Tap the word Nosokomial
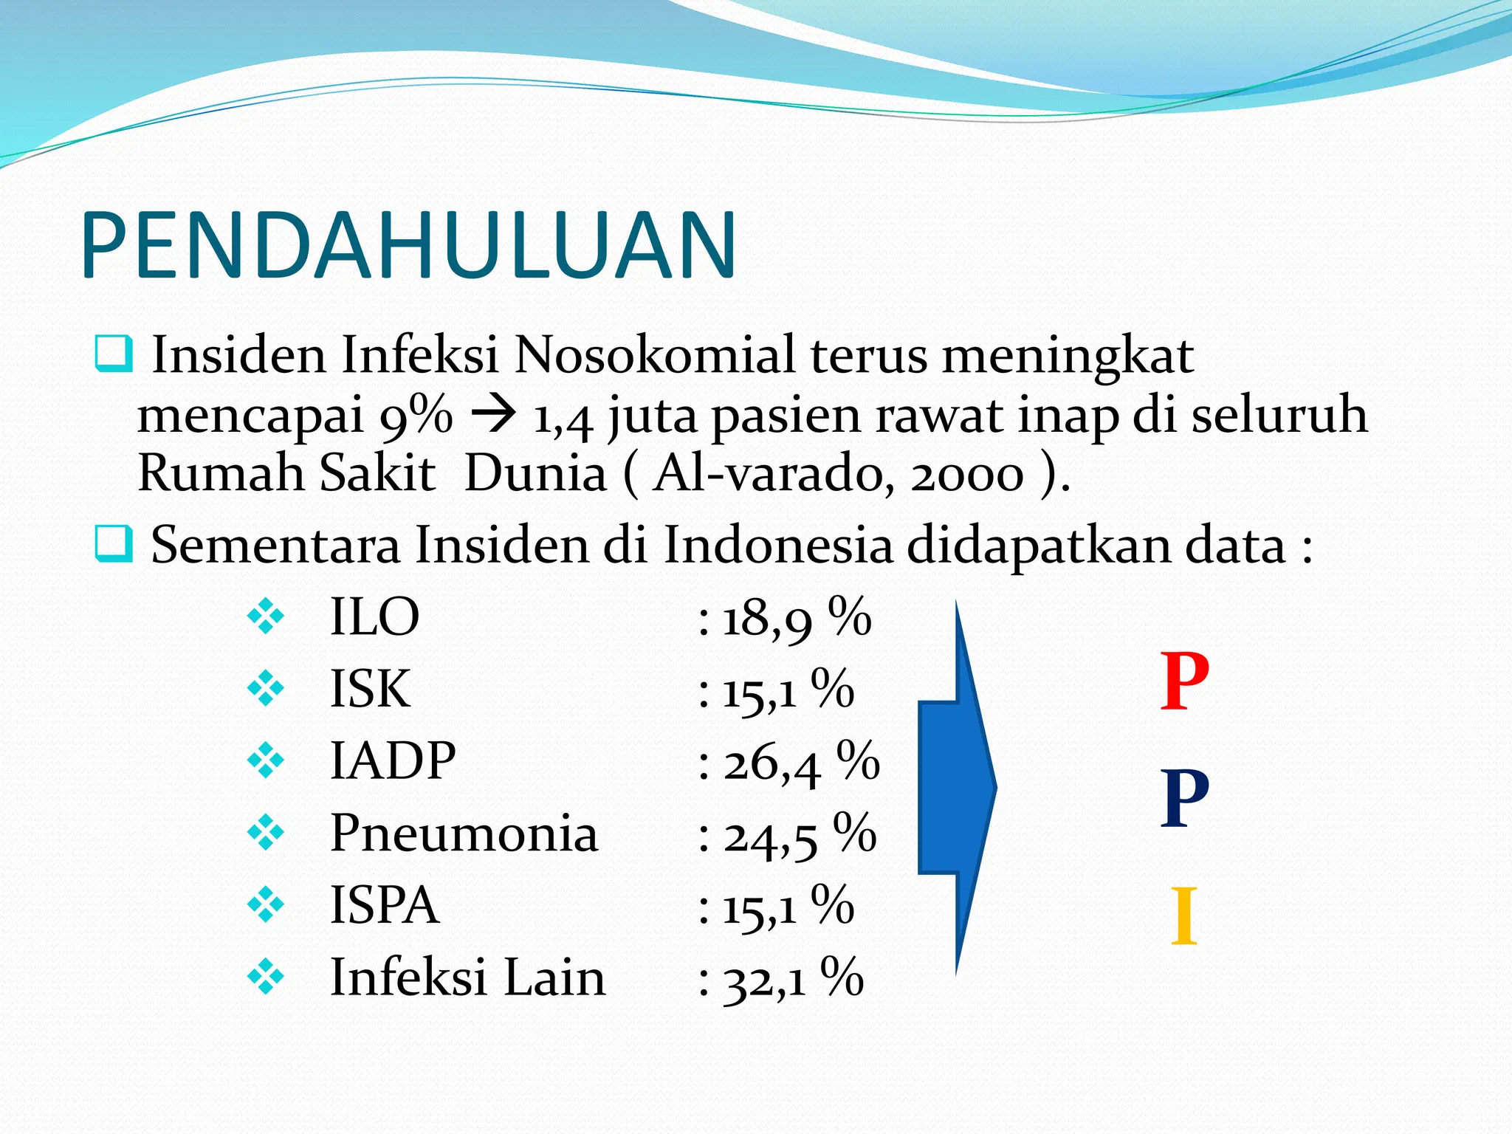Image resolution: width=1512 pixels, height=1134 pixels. tap(654, 355)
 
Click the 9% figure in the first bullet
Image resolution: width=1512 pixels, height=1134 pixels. tap(416, 416)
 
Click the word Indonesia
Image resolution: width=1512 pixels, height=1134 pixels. tap(777, 545)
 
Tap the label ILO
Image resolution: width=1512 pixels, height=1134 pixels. tap(374, 616)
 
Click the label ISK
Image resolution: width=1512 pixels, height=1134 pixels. tap(370, 689)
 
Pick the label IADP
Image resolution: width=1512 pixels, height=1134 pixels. tap(393, 760)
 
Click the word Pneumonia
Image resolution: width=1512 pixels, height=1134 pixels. tap(464, 833)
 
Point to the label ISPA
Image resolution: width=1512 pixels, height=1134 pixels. tap(384, 905)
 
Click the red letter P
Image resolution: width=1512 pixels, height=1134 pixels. tap(1184, 681)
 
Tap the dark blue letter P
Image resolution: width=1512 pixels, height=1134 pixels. tap(1184, 798)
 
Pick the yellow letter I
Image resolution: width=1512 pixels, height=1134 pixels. tap(1184, 915)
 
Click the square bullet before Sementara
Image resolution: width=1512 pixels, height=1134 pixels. tap(114, 545)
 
